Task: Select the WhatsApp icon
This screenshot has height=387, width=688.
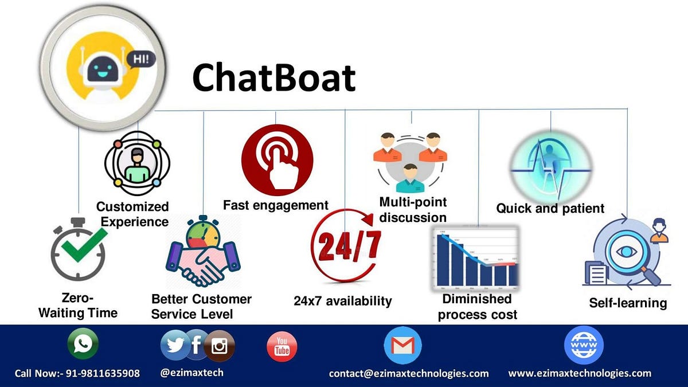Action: [83, 344]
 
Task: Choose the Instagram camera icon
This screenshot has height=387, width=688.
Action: [220, 346]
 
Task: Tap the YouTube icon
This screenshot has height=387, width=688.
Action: [282, 346]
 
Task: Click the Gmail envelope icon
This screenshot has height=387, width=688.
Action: [402, 345]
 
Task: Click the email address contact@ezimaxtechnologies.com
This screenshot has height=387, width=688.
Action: [409, 373]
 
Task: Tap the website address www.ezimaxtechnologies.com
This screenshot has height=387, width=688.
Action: [580, 373]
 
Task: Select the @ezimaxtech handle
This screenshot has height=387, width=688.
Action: [192, 373]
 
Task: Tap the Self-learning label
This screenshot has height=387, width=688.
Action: [628, 303]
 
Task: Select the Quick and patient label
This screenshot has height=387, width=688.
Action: [550, 208]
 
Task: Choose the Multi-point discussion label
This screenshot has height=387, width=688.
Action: [413, 210]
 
